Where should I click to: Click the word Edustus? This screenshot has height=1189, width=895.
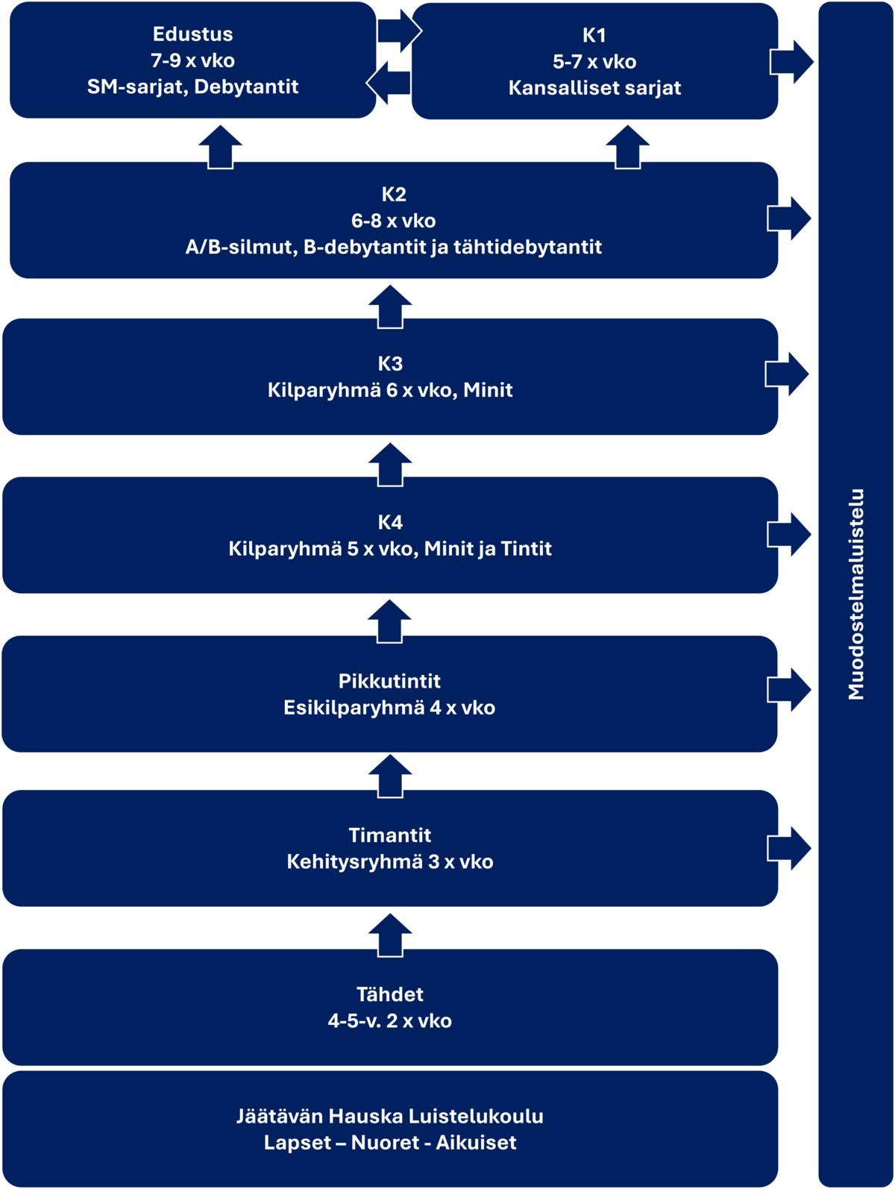point(192,34)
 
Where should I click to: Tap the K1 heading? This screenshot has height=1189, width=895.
point(594,35)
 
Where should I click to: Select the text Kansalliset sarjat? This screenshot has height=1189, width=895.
point(594,88)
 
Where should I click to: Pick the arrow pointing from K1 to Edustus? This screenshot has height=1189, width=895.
point(389,83)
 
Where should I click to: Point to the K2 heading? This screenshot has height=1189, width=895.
point(393,195)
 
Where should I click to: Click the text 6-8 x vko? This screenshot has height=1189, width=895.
point(393,221)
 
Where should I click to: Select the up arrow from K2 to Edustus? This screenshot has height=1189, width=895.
point(220,145)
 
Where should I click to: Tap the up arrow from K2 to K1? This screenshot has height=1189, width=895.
point(627,145)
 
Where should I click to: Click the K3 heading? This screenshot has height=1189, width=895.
point(390,364)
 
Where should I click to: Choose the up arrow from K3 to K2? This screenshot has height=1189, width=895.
point(390,305)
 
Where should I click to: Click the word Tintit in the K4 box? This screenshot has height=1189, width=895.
point(527,549)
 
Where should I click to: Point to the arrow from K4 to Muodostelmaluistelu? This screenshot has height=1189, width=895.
point(790,534)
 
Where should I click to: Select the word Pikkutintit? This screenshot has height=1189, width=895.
point(389,682)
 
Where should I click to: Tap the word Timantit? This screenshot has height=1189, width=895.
point(389,835)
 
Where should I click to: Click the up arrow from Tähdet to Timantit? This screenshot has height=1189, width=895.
point(390,934)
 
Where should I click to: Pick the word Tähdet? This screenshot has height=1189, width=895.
point(389,995)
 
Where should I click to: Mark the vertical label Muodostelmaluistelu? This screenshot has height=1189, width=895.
point(856,594)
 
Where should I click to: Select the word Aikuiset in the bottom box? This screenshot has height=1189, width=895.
point(476,1143)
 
